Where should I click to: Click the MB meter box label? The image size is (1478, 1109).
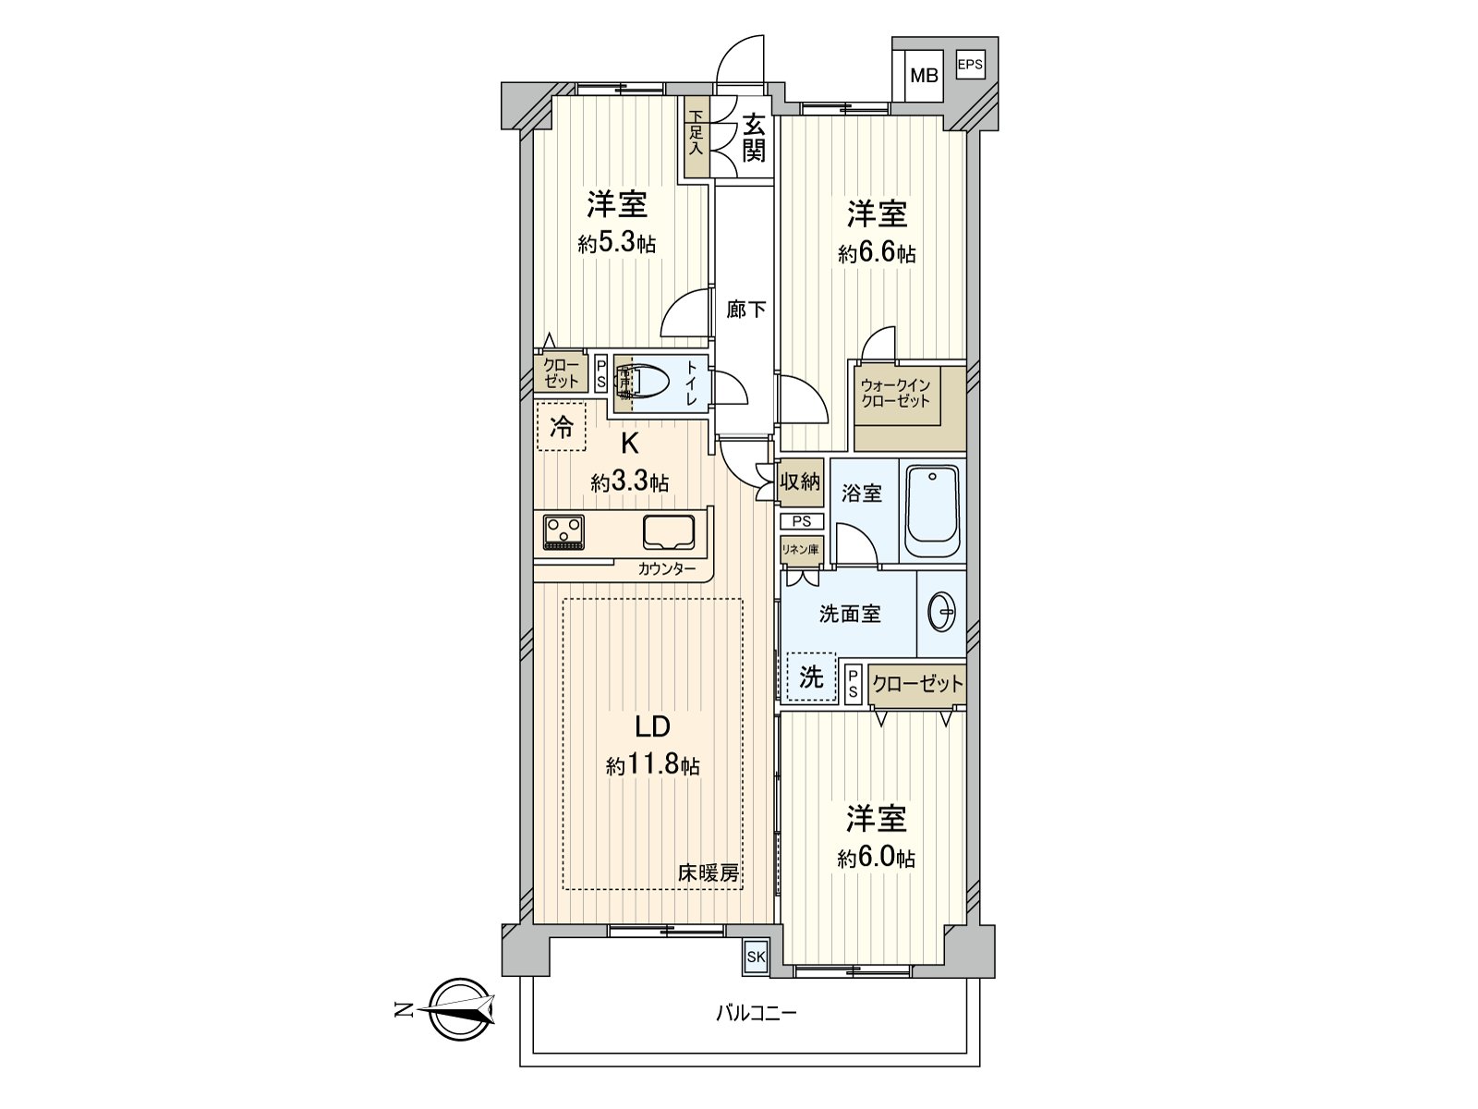pyautogui.click(x=924, y=76)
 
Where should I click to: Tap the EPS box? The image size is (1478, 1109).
pyautogui.click(x=969, y=65)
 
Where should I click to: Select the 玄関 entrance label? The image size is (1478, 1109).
pyautogui.click(x=754, y=137)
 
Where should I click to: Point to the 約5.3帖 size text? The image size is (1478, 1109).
pyautogui.click(x=617, y=244)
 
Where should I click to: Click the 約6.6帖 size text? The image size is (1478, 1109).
pyautogui.click(x=877, y=253)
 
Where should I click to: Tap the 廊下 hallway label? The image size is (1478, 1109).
pyautogui.click(x=745, y=310)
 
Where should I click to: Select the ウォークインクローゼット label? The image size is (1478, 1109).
pyautogui.click(x=895, y=394)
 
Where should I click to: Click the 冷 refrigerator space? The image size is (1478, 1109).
pyautogui.click(x=561, y=427)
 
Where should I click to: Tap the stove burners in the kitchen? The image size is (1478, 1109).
pyautogui.click(x=563, y=531)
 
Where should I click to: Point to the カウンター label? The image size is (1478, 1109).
pyautogui.click(x=666, y=569)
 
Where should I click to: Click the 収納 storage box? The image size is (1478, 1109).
pyautogui.click(x=800, y=481)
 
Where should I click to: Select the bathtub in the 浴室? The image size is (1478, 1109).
pyautogui.click(x=932, y=510)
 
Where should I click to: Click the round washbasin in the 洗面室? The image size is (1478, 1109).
pyautogui.click(x=941, y=611)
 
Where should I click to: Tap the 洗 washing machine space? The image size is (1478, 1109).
pyautogui.click(x=811, y=677)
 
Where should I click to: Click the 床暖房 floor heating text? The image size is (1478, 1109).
pyautogui.click(x=709, y=872)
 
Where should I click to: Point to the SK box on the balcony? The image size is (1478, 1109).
pyautogui.click(x=756, y=957)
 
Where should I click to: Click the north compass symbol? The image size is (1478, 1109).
pyautogui.click(x=461, y=1009)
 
